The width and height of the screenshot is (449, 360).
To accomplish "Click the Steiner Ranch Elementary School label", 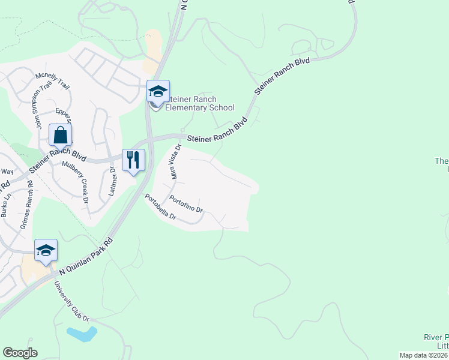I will tap(201, 103).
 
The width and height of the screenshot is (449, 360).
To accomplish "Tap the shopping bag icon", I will tap(61, 135).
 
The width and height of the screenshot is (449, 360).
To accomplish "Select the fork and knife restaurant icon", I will tap(133, 160).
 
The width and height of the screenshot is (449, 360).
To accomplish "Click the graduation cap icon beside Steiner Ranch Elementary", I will tap(158, 91).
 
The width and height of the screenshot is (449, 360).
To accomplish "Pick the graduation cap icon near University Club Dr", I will tap(46, 250).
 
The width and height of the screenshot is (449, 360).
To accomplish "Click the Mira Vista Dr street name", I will tap(176, 161).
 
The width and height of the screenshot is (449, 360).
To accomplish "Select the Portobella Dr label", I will tap(160, 206).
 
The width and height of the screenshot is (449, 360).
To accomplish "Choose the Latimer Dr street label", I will tap(112, 182).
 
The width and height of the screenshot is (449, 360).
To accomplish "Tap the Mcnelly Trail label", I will tap(53, 80).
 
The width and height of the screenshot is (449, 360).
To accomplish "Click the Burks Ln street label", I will tap(6, 204).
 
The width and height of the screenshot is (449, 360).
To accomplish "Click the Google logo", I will tap(20, 353).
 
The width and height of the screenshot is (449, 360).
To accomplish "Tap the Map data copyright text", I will tap(424, 355).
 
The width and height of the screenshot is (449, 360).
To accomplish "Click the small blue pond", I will tap(82, 334).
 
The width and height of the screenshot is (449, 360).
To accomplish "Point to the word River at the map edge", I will tap(435, 337).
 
